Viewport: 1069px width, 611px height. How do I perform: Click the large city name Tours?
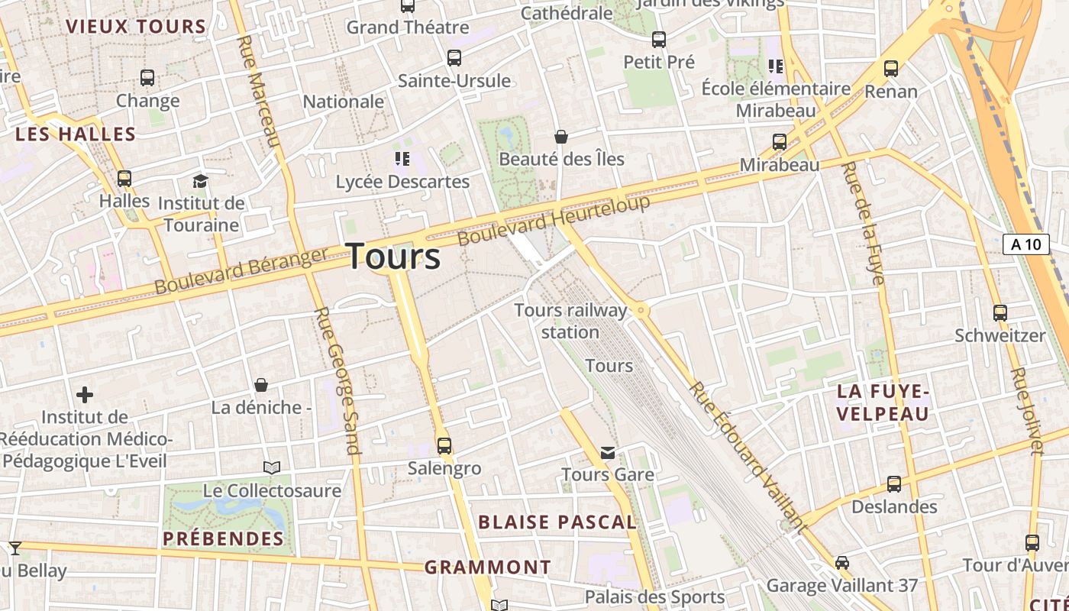tap(394, 257)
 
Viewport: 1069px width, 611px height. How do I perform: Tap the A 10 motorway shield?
tap(1025, 244)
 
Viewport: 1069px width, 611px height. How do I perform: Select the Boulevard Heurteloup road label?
tap(554, 220)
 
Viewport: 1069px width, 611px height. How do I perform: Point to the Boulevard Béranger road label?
tap(241, 270)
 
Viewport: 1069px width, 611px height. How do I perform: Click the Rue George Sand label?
tap(337, 380)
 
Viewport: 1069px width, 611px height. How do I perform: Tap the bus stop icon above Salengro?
tap(444, 445)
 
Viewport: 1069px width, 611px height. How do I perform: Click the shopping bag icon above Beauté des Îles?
tap(561, 137)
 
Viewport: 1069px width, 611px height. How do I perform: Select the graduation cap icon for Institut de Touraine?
tap(200, 181)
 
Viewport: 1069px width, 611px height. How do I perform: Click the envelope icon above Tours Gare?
tap(608, 452)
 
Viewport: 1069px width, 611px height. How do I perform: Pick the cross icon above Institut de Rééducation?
tap(85, 395)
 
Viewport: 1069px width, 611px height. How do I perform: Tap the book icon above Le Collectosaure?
tap(272, 467)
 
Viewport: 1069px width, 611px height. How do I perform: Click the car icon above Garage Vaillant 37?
tap(841, 563)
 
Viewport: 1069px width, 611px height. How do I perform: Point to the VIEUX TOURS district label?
tap(136, 27)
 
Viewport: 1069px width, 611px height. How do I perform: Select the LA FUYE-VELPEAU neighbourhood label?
tap(883, 402)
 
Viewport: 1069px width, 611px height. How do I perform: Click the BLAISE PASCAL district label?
tap(557, 522)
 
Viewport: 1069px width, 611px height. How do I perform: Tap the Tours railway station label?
tap(570, 321)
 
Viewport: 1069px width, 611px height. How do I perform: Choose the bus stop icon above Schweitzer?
tap(1000, 312)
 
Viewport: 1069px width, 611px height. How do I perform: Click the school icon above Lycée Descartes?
tap(402, 159)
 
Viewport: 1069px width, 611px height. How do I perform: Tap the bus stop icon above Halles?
tap(124, 179)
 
